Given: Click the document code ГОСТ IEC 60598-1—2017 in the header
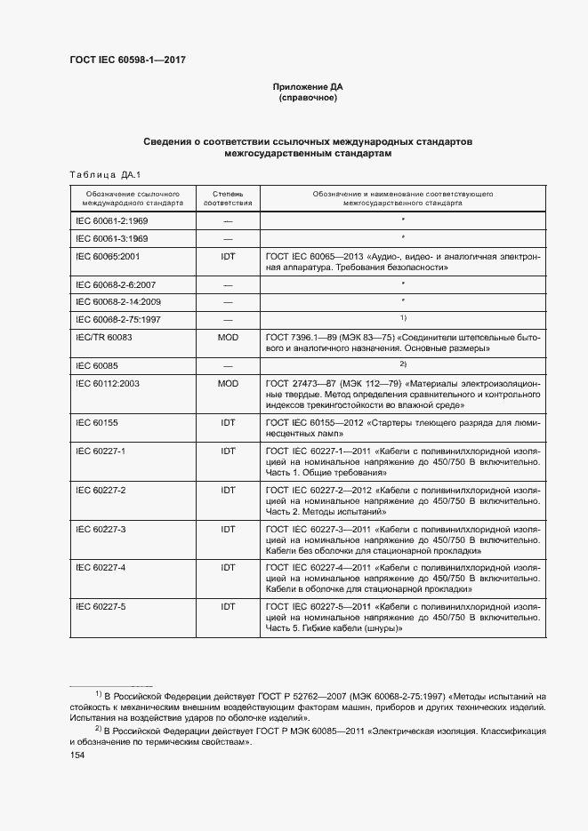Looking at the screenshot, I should (127, 60).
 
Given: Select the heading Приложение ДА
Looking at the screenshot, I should (307, 87).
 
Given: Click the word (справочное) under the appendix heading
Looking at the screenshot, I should (307, 98).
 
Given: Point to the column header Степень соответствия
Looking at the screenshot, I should (228, 197).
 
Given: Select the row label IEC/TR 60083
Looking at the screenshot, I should (104, 339).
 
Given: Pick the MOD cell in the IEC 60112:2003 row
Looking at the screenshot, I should (228, 381).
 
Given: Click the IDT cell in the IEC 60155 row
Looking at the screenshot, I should (228, 424).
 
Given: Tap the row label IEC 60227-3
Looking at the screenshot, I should (101, 530).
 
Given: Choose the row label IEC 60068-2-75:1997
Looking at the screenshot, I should (117, 318).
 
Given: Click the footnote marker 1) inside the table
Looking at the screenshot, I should (402, 317).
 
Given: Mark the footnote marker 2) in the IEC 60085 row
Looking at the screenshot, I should (402, 364).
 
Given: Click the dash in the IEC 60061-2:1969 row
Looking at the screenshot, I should (228, 219).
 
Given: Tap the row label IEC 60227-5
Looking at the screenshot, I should (101, 606).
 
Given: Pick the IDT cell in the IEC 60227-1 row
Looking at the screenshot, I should (228, 451).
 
